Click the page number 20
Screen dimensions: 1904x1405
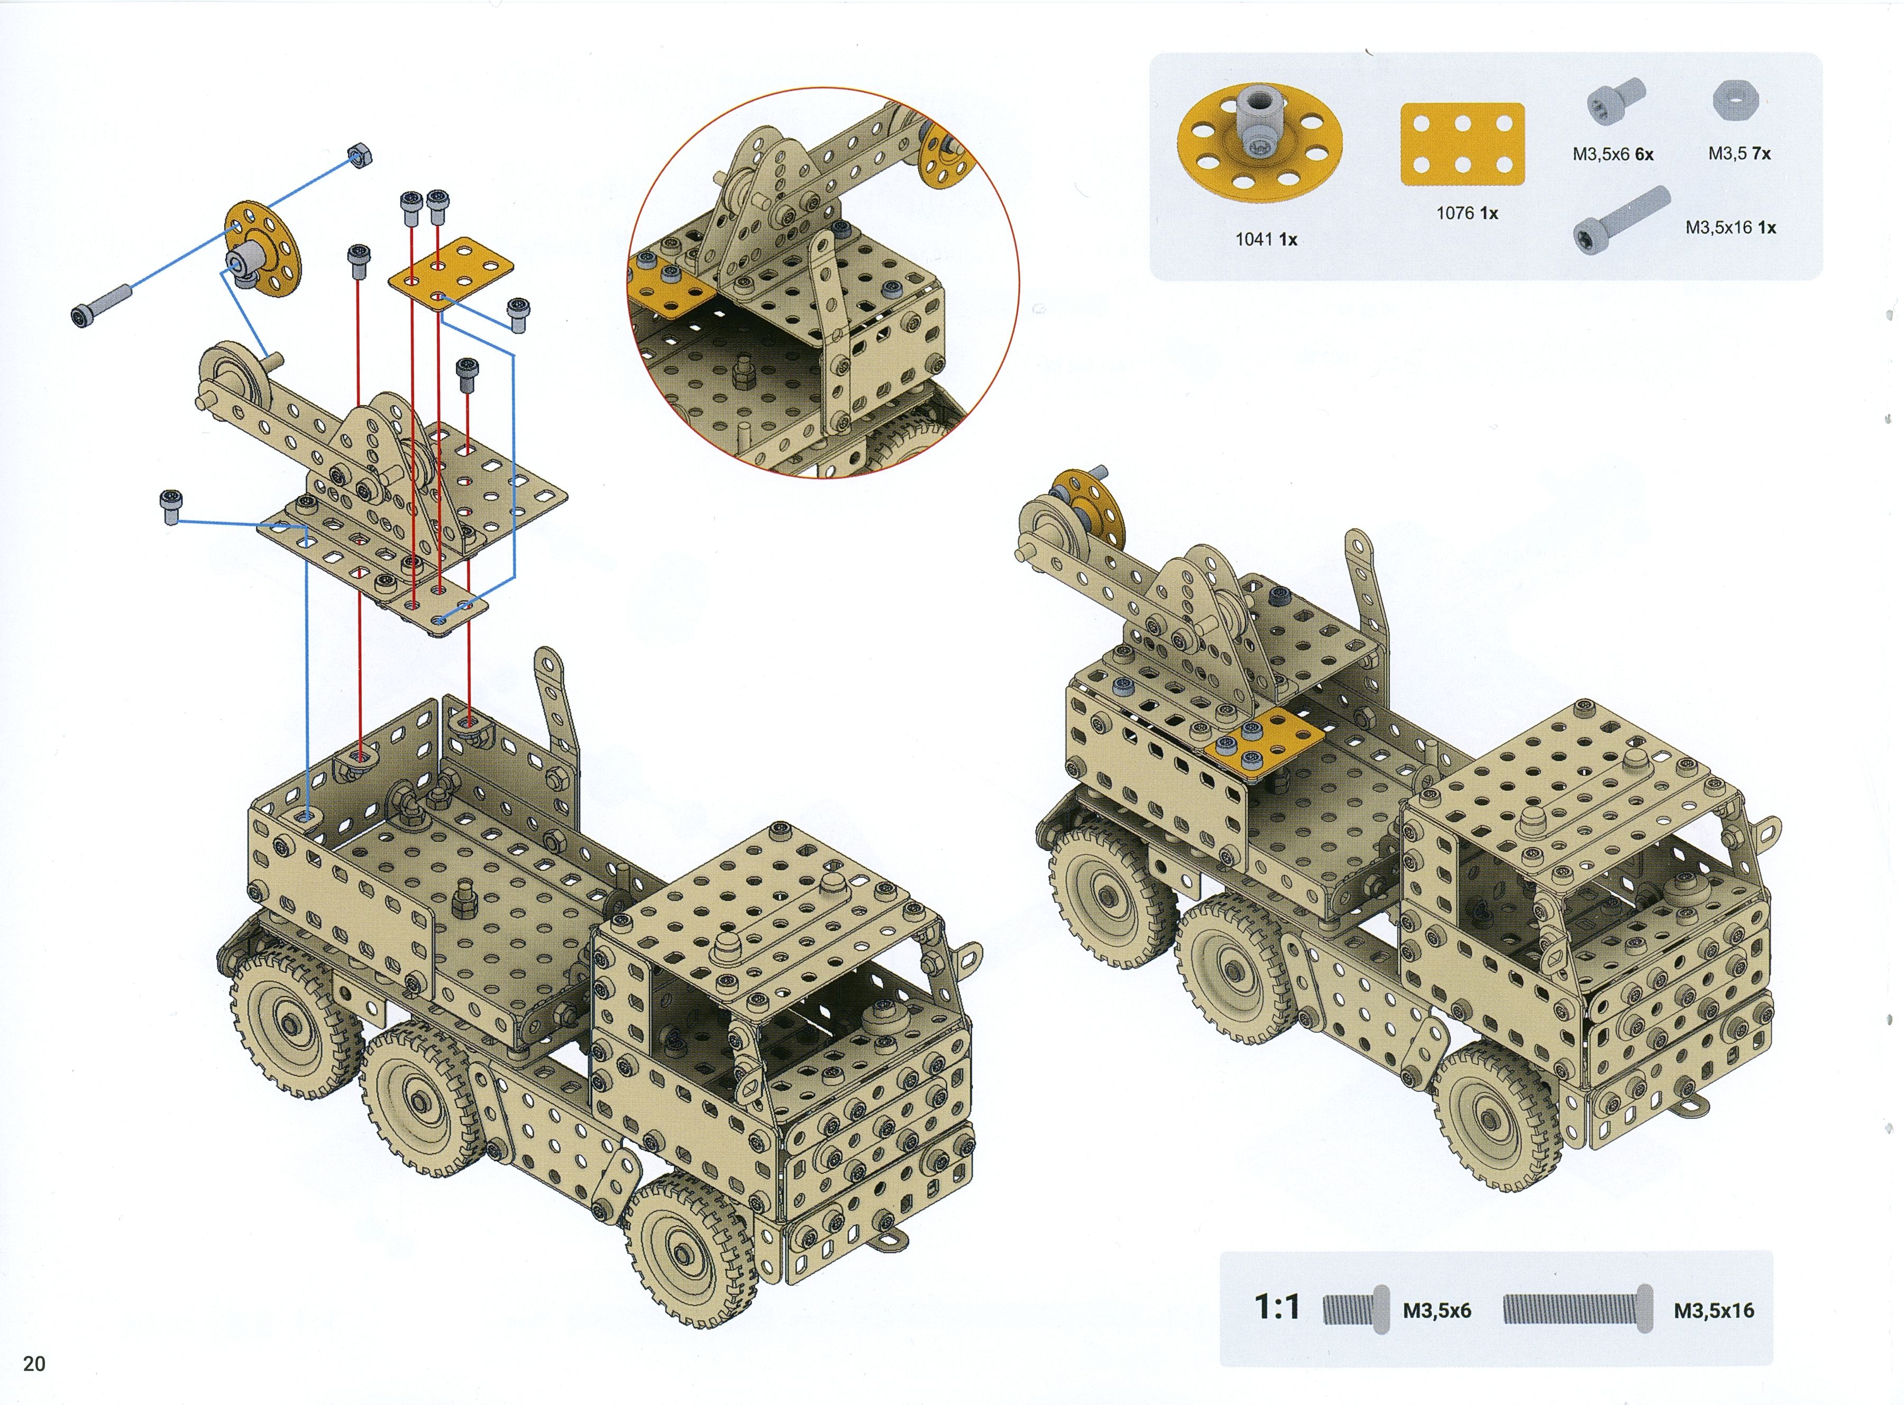pyautogui.click(x=34, y=1363)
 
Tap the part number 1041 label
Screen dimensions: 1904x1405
pyautogui.click(x=1266, y=239)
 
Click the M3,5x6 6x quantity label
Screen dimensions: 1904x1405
pyautogui.click(x=1613, y=154)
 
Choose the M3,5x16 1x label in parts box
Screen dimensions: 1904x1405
pyautogui.click(x=1731, y=227)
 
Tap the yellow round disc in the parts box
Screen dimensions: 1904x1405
pyautogui.click(x=1259, y=140)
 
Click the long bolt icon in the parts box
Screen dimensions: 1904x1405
pyautogui.click(x=1621, y=221)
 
